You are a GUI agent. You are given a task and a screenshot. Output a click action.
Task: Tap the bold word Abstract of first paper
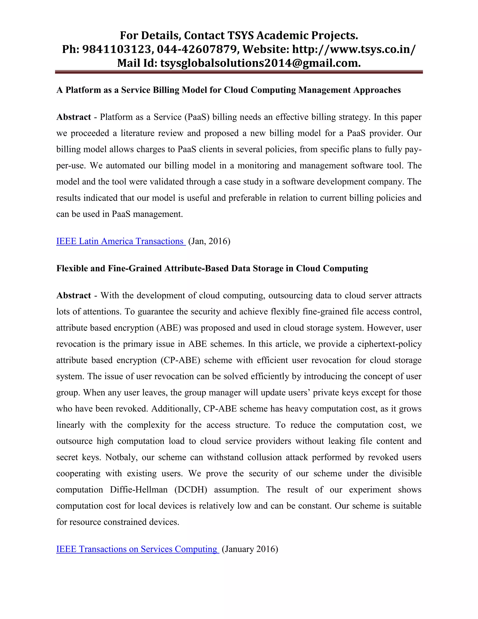pyautogui.click(x=74, y=117)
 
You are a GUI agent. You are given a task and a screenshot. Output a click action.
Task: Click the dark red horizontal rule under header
pyautogui.click(x=239, y=72)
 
